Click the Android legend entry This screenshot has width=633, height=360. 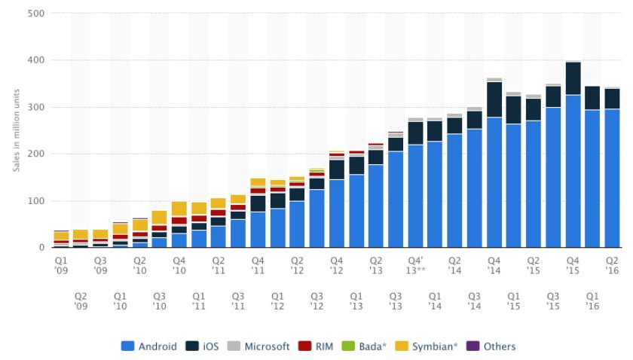click(148, 346)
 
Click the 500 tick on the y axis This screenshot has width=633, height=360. click(34, 14)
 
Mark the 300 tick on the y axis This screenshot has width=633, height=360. click(34, 108)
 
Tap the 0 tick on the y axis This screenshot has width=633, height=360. click(41, 248)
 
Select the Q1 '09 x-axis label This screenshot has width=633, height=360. click(61, 264)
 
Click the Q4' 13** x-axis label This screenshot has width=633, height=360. click(415, 264)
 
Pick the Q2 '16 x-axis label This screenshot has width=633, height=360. click(612, 264)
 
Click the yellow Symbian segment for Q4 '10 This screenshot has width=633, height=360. click(179, 209)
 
